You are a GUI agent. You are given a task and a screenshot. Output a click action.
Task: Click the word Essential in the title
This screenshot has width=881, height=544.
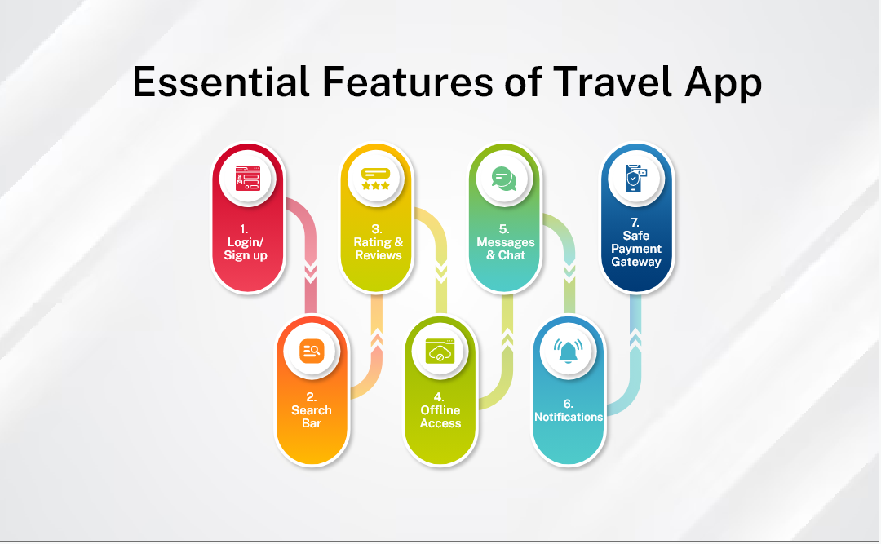click(x=221, y=82)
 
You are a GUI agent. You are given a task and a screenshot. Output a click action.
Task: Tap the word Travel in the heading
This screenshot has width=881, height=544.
click(x=613, y=82)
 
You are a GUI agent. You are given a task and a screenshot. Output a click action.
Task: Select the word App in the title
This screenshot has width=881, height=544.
click(x=723, y=84)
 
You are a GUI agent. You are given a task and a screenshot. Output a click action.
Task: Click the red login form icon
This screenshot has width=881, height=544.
click(x=248, y=178)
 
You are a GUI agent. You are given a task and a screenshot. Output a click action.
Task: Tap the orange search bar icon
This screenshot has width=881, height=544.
click(x=312, y=351)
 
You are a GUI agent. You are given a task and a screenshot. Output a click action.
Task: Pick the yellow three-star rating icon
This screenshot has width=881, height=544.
click(x=375, y=179)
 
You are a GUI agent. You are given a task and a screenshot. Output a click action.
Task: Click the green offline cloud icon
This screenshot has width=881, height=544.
click(x=440, y=352)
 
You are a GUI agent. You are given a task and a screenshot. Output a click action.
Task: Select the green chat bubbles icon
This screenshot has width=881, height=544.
click(x=504, y=179)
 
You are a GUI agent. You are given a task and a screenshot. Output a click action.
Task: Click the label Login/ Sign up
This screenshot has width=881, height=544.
click(x=246, y=249)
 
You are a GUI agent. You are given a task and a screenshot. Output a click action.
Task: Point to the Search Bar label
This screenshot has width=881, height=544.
click(x=312, y=417)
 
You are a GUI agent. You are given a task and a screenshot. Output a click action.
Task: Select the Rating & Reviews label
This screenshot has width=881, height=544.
click(x=379, y=249)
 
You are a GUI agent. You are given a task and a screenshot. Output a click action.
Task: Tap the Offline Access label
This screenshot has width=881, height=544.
click(x=440, y=417)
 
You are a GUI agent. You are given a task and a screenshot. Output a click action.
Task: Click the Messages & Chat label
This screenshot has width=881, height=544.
click(x=506, y=249)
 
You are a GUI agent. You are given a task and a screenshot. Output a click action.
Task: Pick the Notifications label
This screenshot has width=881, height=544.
click(x=569, y=417)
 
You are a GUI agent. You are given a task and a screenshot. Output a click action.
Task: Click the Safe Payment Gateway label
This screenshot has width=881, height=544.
click(x=636, y=249)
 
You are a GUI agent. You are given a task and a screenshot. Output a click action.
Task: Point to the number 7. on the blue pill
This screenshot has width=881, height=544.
click(x=635, y=223)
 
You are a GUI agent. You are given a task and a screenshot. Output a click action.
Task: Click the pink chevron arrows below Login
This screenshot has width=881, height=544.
click(x=311, y=271)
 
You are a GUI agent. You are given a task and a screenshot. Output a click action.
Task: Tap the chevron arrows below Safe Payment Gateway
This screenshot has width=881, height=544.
click(x=635, y=340)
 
